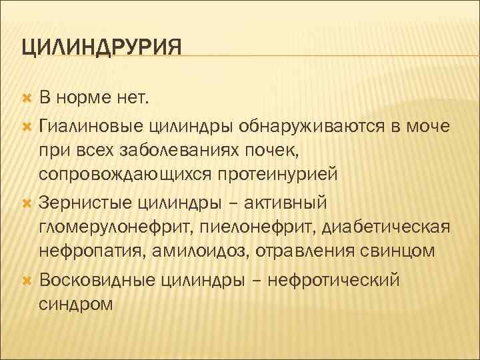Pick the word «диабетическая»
click(386, 227)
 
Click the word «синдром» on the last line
click(76, 303)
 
